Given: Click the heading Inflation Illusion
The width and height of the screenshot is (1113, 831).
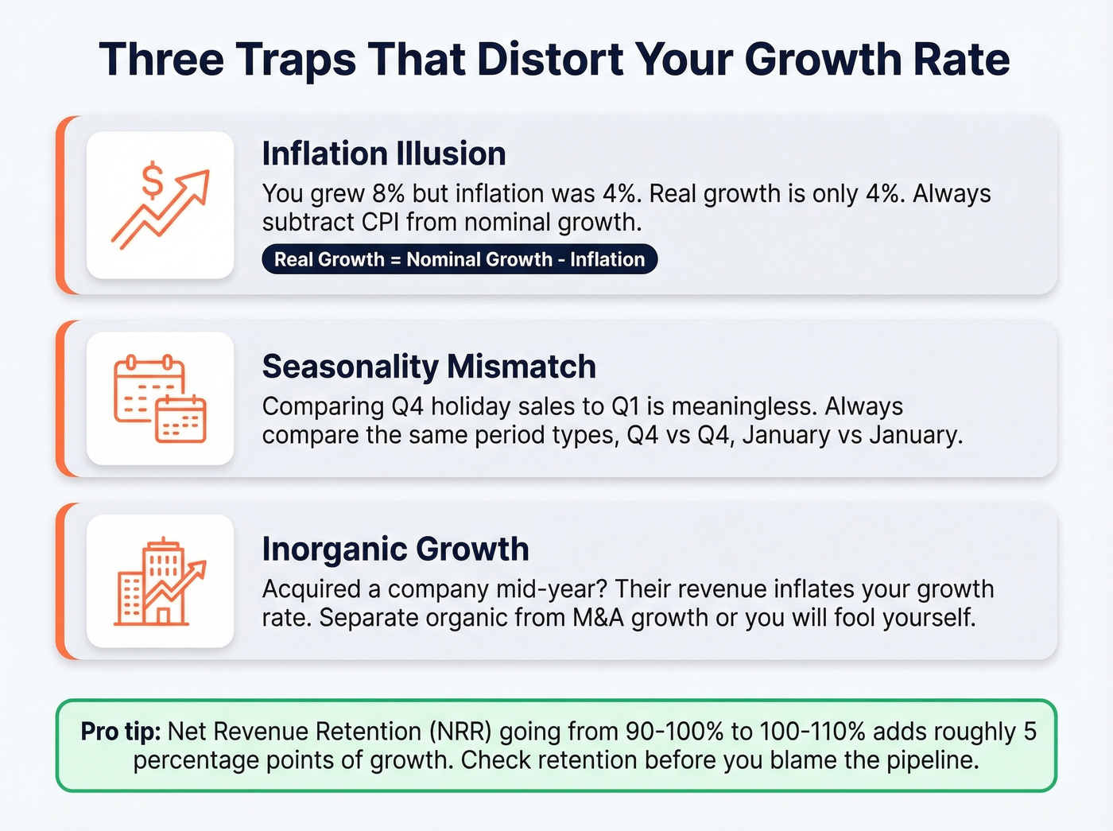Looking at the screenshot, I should pyautogui.click(x=384, y=153).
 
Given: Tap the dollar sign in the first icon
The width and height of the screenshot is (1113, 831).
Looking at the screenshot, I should pyautogui.click(x=152, y=181).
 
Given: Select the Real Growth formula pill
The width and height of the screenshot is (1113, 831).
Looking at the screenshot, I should pyautogui.click(x=460, y=259).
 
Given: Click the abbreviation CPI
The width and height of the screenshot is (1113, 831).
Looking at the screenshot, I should pyautogui.click(x=380, y=222).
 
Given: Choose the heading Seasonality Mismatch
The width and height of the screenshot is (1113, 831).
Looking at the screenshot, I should pyautogui.click(x=429, y=367).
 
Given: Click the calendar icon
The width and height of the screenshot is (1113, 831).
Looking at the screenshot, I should pyautogui.click(x=160, y=398).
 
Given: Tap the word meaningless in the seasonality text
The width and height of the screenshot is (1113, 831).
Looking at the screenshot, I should pyautogui.click(x=743, y=406).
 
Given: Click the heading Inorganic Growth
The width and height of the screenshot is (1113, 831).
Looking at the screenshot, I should pyautogui.click(x=395, y=549).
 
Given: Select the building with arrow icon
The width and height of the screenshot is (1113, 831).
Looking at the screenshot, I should pyautogui.click(x=160, y=581).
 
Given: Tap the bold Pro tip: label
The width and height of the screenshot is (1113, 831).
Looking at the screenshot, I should pyautogui.click(x=121, y=732).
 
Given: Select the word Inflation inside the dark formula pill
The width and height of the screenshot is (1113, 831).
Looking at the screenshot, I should pyautogui.click(x=607, y=259).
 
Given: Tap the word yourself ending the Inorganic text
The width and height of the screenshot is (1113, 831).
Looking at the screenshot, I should pyautogui.click(x=927, y=618).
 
